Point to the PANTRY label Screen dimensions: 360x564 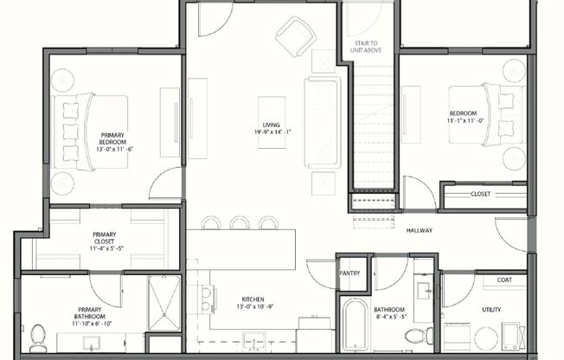(x=351, y=273)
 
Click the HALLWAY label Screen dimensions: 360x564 (x=419, y=230)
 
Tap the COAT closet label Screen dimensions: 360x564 (x=504, y=280)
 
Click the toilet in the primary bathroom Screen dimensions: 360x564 (x=36, y=334)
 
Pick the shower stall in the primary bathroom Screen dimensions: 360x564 (x=163, y=303)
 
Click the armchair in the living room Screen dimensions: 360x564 (x=296, y=35)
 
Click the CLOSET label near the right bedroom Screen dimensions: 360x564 (x=481, y=194)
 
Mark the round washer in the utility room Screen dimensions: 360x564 (x=487, y=337)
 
